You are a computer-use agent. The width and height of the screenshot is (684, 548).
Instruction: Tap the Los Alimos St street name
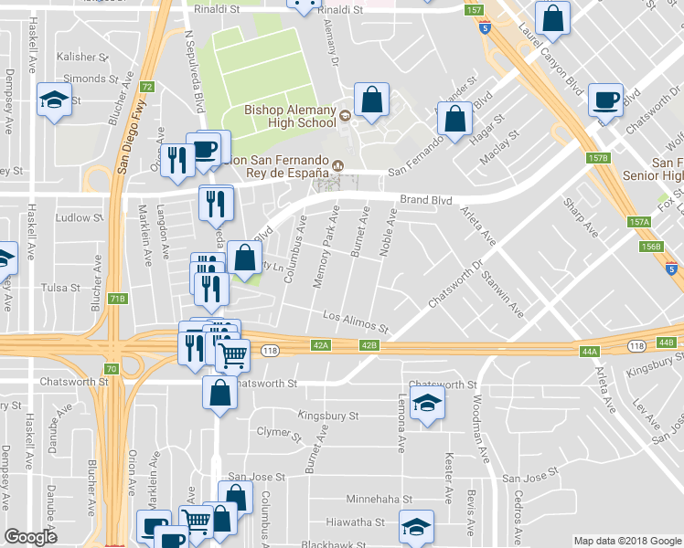coord(356,321)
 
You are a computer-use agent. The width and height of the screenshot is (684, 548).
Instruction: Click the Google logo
coord(31,536)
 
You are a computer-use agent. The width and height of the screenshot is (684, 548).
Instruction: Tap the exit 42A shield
coord(320,345)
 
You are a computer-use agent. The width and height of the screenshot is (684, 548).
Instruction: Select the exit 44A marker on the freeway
coord(589,351)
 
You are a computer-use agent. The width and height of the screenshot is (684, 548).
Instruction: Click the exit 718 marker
coord(117,299)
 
